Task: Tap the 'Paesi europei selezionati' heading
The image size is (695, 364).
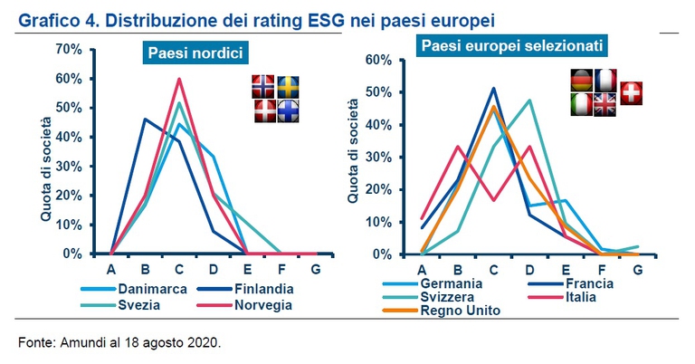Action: coord(512,44)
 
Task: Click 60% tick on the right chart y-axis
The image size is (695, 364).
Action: coord(379,60)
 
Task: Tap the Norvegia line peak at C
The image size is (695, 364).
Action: coord(179,79)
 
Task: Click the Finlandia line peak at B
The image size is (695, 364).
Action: coord(145,120)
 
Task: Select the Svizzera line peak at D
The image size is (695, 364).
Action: coord(528,101)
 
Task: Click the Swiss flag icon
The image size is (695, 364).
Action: coord(631,92)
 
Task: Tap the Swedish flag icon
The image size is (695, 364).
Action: coord(288,86)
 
